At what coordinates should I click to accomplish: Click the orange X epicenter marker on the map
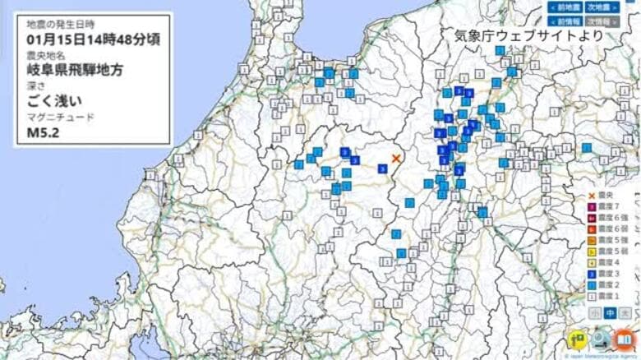[x=396, y=158]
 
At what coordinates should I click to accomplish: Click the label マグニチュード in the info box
[x=60, y=117]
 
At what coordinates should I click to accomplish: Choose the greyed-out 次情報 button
[x=605, y=21]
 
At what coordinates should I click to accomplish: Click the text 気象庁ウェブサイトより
[x=530, y=35]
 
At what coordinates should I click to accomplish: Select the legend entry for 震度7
[x=605, y=206]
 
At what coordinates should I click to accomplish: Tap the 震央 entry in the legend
[x=605, y=196]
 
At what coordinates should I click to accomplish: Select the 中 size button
[x=610, y=313]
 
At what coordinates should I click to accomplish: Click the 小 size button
[x=594, y=313]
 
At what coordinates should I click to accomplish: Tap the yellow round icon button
[x=577, y=339]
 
